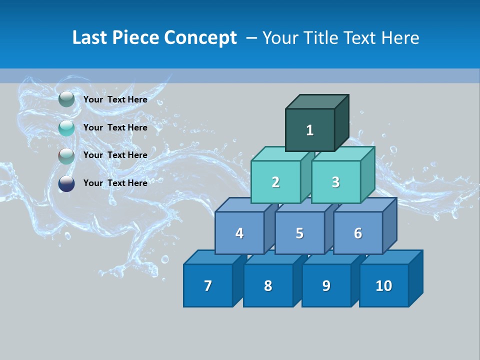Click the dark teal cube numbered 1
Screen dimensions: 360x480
tap(310, 130)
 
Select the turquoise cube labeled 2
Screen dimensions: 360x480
tap(275, 182)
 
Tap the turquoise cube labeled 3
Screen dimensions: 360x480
tap(335, 182)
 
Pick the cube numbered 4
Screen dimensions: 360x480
tap(239, 233)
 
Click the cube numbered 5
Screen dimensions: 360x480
tap(299, 233)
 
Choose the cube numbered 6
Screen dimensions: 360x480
tap(358, 233)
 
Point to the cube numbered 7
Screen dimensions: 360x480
tap(208, 285)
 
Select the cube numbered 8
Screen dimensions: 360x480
tap(268, 285)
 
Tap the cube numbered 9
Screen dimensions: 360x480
tap(326, 285)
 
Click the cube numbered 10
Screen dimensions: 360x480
tap(384, 285)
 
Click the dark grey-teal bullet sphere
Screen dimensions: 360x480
tap(66, 99)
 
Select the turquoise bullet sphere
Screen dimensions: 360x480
tap(66, 128)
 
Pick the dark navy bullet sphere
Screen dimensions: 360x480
tap(66, 183)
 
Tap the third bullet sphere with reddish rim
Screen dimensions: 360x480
tap(66, 156)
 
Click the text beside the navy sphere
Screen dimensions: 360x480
tap(115, 183)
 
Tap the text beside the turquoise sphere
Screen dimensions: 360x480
tap(115, 127)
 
